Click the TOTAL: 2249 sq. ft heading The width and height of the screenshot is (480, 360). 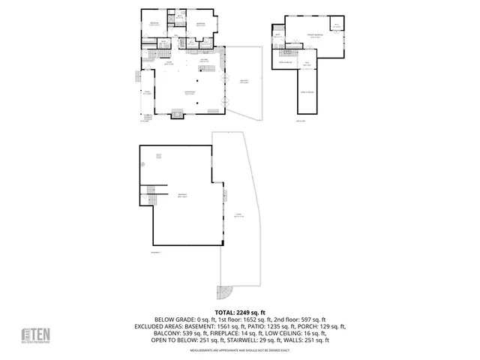pos(240,311)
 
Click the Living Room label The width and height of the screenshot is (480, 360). pos(190,91)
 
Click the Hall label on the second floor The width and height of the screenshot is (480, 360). pos(307,64)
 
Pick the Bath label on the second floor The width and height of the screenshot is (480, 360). pos(277,36)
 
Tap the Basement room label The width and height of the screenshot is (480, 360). pos(181,195)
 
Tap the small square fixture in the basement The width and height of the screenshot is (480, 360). pos(158,155)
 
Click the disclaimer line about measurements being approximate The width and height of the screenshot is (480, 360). pos(240,350)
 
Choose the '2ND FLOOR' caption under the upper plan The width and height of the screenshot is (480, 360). pos(301,120)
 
